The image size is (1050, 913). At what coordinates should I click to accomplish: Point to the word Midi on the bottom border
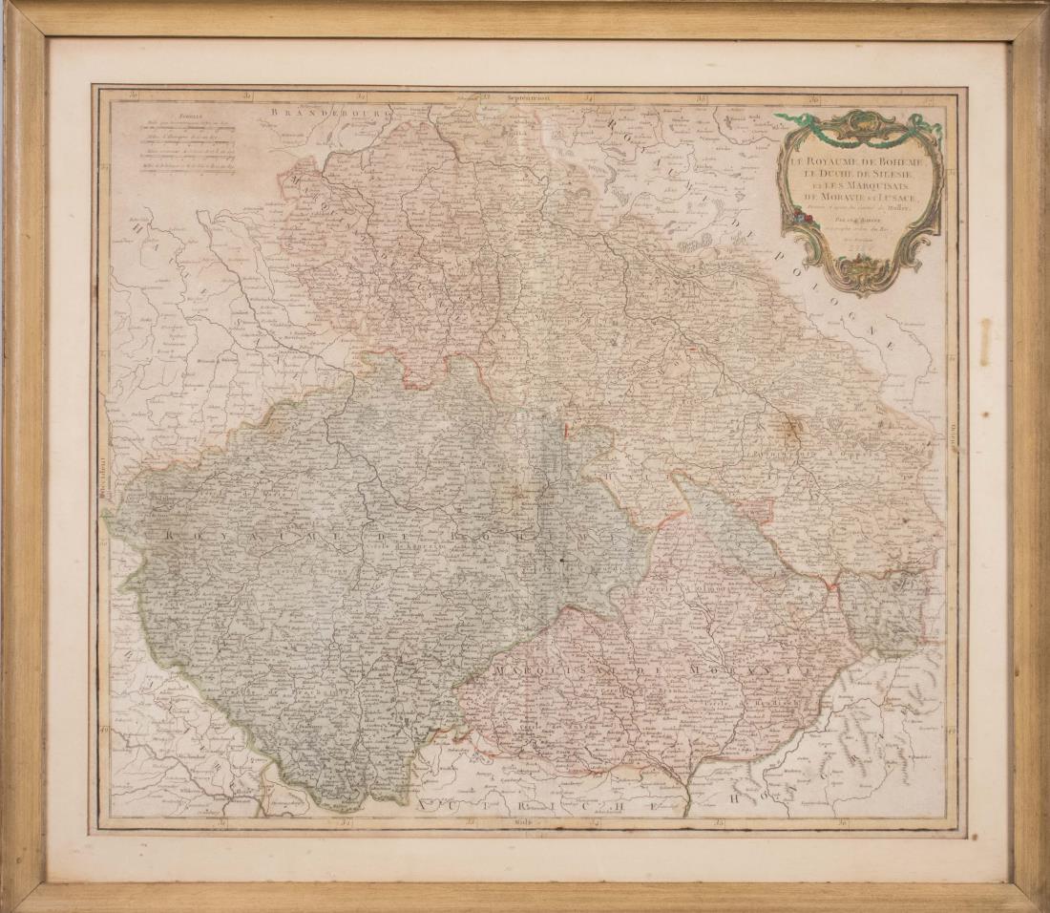522,821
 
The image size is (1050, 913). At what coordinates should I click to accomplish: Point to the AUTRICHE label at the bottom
535,807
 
